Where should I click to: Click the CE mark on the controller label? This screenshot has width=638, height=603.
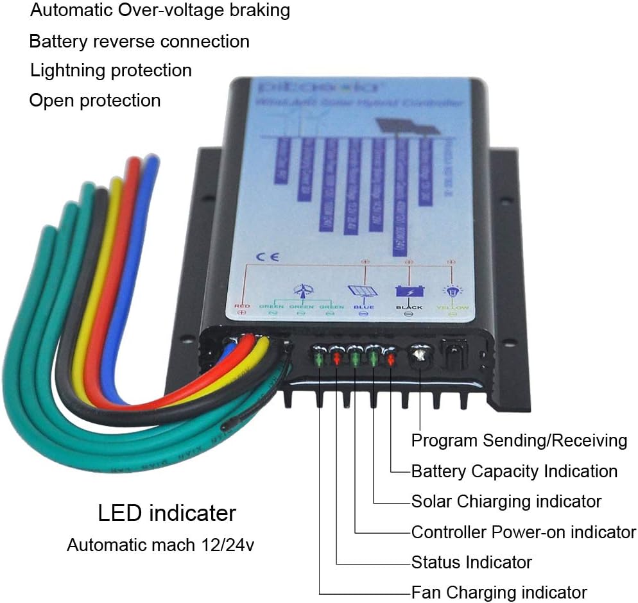point(263,256)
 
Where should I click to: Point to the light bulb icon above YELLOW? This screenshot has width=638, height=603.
point(452,292)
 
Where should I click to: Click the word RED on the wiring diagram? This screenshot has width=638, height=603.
point(242,307)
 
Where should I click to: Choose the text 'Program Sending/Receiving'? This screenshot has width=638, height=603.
point(519,441)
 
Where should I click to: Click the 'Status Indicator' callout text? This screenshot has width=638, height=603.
point(471,563)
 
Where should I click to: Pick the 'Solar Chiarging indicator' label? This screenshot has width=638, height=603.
point(506,501)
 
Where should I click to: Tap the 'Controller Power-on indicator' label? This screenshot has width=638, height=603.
point(523,532)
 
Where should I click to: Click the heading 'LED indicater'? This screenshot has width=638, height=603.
point(167,513)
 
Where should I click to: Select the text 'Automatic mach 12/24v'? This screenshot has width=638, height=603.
point(164,546)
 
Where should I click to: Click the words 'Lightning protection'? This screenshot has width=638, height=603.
point(111,70)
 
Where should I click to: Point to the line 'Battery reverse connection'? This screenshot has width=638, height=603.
point(139,41)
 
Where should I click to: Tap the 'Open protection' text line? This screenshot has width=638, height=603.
point(95,100)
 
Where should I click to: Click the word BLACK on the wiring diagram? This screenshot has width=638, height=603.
point(409,307)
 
